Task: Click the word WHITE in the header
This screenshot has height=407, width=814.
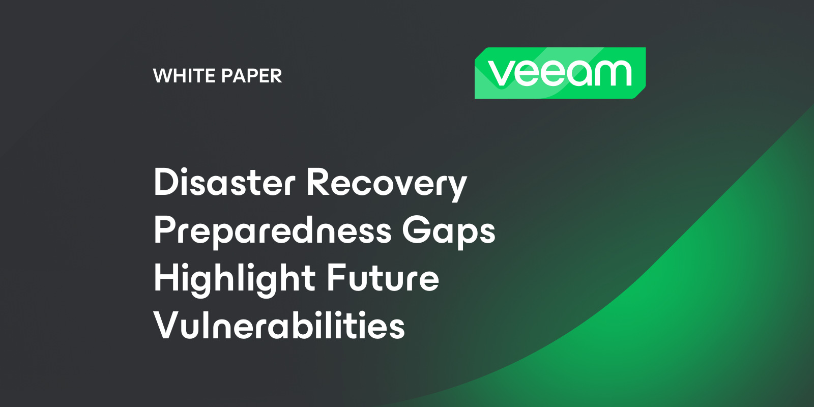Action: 185,76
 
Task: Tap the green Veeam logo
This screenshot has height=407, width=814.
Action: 560,73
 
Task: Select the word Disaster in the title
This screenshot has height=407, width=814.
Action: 224,183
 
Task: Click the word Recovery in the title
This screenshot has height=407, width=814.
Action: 387,184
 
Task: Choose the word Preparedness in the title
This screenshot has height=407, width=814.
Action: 273,231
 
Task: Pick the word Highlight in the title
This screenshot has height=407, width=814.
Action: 234,279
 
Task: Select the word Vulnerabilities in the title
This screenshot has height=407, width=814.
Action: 279,325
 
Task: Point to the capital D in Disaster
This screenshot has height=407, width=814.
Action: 166,182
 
